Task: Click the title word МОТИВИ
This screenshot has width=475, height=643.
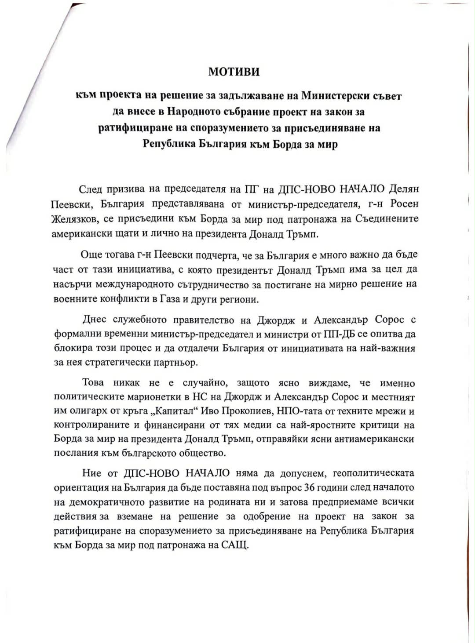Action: click(x=234, y=72)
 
